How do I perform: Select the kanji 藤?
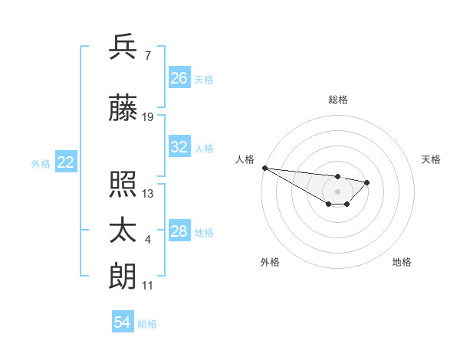click(x=123, y=109)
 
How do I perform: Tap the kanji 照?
click(x=123, y=185)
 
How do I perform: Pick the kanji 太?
click(x=123, y=232)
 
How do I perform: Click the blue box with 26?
click(x=179, y=78)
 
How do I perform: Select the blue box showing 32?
click(x=179, y=148)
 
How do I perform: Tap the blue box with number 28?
click(x=179, y=232)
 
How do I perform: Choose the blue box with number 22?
click(x=66, y=162)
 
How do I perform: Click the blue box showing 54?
click(x=123, y=323)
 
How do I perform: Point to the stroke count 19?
click(x=148, y=117)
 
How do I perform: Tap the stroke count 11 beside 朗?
click(x=148, y=286)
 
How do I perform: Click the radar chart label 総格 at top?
click(x=338, y=100)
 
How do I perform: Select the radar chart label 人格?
click(x=245, y=159)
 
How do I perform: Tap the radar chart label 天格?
click(x=432, y=159)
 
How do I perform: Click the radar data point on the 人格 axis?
click(x=264, y=168)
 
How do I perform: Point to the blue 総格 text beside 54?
click(x=147, y=324)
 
